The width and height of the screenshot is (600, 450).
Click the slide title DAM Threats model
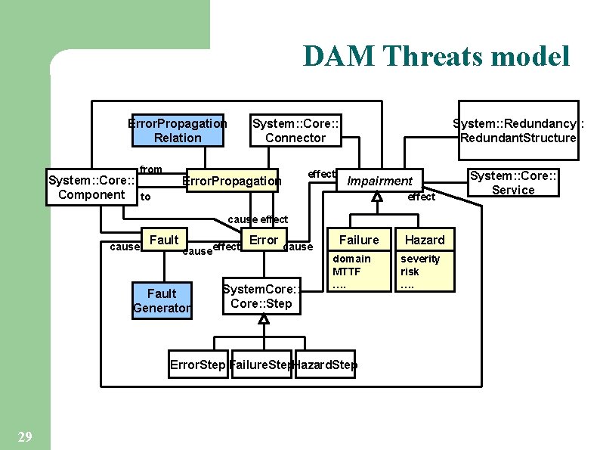436,56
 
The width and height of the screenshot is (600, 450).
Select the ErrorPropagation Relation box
178,130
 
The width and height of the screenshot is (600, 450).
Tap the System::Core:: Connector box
295,130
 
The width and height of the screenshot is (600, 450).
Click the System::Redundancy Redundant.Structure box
518,130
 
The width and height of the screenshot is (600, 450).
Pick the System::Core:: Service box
513,182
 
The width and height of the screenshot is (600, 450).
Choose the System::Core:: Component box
91,188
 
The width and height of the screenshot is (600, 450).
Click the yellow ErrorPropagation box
233,181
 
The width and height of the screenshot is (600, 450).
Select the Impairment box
379,181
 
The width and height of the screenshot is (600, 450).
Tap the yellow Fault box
164,240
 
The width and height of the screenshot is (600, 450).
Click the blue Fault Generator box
162,300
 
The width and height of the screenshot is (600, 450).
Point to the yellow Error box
264,240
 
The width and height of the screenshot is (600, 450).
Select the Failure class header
359,240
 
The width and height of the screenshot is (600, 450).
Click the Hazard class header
425,240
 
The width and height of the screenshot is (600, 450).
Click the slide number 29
24,436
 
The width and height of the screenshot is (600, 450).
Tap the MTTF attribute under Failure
347,272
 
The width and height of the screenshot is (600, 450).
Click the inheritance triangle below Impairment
377,197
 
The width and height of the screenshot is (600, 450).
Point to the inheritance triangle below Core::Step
263,320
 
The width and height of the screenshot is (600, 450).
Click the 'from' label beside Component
151,169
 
